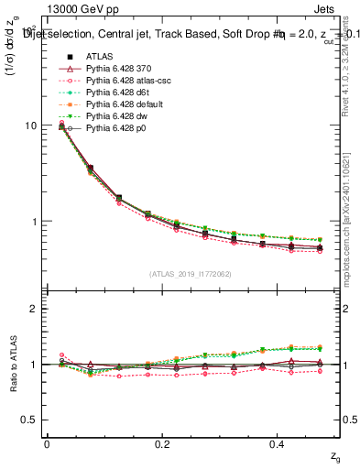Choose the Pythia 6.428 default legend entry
coord(122,104)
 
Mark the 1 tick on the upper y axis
coord(34,222)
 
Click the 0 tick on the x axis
coord(47,444)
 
